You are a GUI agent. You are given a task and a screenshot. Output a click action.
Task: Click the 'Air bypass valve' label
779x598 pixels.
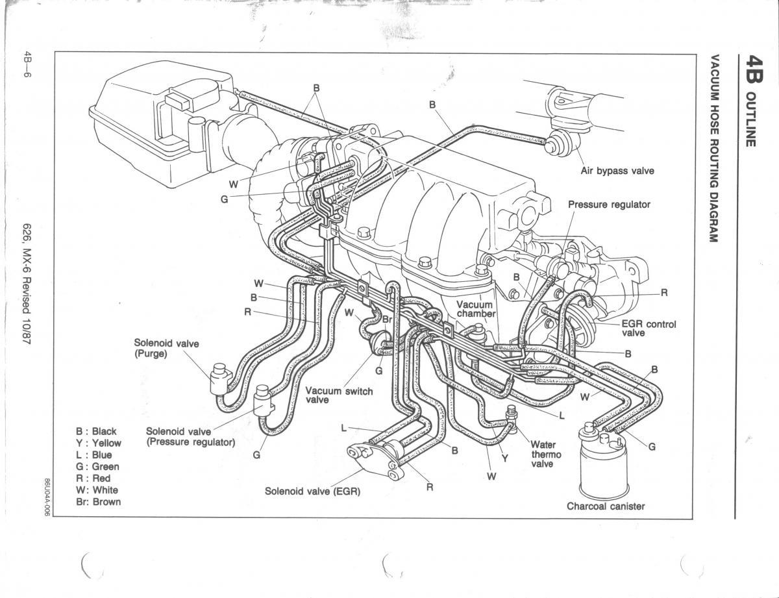(x=617, y=171)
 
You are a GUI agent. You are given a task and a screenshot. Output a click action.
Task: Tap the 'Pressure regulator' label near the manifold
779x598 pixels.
(x=609, y=205)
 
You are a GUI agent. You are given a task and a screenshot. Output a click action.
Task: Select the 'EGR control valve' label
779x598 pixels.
(x=649, y=329)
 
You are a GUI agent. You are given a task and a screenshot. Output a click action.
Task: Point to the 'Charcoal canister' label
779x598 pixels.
(x=606, y=506)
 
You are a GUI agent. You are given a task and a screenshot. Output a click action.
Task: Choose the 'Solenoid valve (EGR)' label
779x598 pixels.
(x=312, y=492)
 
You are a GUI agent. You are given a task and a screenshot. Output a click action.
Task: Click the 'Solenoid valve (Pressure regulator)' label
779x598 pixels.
(x=190, y=436)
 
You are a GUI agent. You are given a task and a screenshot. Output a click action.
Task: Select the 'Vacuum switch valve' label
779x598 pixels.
(x=339, y=395)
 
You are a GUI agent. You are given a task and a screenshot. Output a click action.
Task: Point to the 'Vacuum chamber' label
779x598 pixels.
(x=475, y=309)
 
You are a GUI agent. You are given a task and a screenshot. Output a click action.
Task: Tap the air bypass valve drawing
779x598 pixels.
(x=558, y=143)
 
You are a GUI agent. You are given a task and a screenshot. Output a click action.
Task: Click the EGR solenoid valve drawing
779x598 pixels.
(x=373, y=457)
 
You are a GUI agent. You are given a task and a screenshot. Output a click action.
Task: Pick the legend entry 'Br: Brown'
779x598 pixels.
(x=98, y=502)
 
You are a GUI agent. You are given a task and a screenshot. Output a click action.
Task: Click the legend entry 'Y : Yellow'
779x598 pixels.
(x=98, y=443)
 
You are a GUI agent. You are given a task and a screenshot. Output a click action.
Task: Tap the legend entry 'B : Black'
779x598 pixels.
(x=96, y=431)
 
